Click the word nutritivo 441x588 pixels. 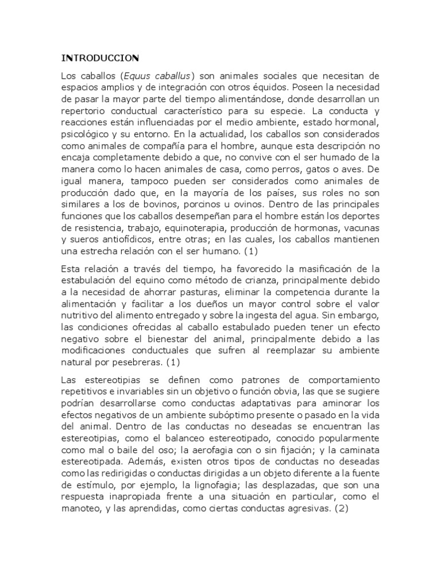pos(80,315)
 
